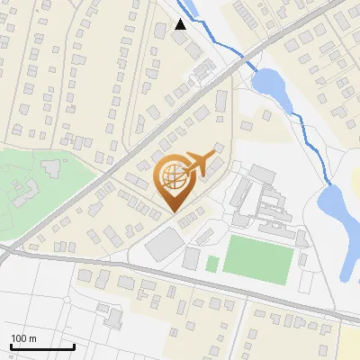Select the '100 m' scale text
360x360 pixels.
click(23, 338)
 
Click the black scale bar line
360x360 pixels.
click(41, 346)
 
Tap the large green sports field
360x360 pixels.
click(258, 258)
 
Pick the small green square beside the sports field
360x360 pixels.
click(212, 264)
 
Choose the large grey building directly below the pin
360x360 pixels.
click(164, 244)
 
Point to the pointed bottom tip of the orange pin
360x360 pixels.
click(174, 212)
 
